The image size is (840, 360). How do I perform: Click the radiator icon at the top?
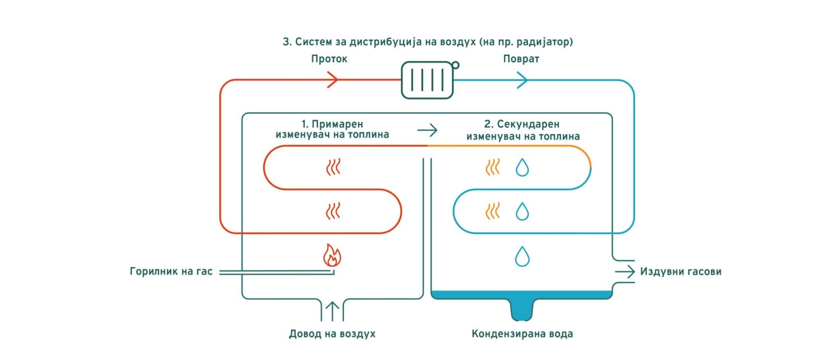pos(427,80)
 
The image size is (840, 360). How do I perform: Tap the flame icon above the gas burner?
pos(332,256)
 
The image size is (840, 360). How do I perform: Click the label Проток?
pos(329,59)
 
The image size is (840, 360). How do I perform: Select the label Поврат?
pos(521,59)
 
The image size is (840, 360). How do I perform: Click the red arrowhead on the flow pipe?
pos(333,80)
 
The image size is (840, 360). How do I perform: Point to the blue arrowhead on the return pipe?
pos(522,80)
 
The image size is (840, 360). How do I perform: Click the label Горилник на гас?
pos(171,272)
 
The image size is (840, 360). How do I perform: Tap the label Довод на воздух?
pos(332,334)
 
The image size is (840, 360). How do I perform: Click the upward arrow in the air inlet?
pos(332,311)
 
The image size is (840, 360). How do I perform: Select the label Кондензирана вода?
pos(522,334)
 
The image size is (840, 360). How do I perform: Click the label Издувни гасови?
pos(680,272)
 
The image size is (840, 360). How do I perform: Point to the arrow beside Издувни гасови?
pos(625,272)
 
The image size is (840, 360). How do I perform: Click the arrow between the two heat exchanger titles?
pos(427,130)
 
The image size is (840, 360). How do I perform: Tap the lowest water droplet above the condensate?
pos(522,256)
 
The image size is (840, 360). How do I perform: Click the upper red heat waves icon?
pos(333,168)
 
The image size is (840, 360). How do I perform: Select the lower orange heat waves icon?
pos(493,211)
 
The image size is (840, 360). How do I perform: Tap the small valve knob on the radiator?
pos(456,65)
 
